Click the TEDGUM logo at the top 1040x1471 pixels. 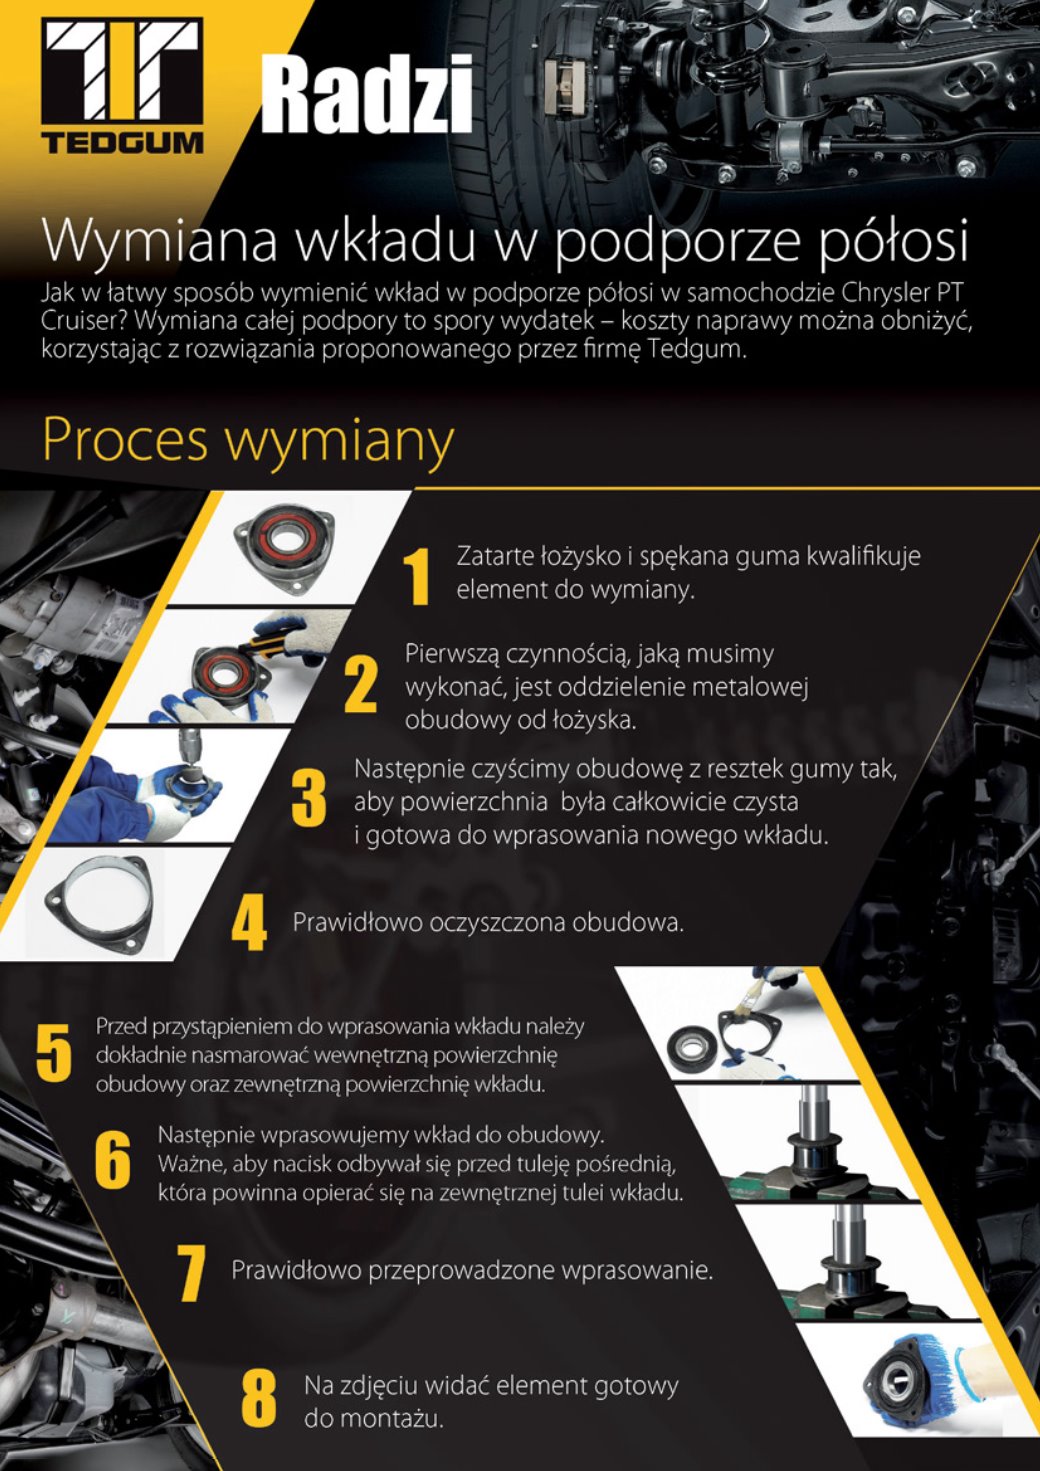click(122, 86)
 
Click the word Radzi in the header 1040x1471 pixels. click(367, 94)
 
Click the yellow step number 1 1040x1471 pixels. click(416, 577)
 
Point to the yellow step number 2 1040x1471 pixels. click(360, 686)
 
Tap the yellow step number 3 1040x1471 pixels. click(308, 799)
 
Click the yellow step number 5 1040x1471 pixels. click(54, 1053)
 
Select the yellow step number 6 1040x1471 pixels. click(112, 1160)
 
